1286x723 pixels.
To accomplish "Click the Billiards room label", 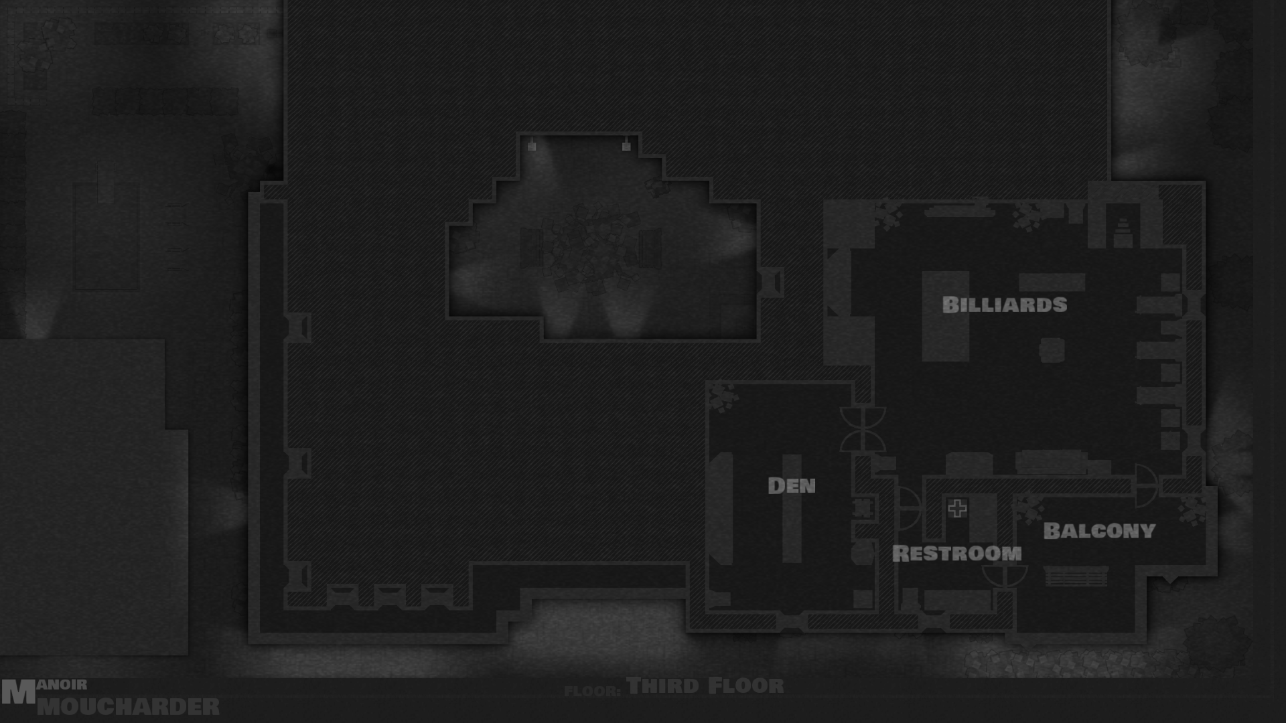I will click(x=1004, y=305).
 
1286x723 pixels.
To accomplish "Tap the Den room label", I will click(x=791, y=485).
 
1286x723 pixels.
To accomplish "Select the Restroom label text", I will click(x=956, y=554).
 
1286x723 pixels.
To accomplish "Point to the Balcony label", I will click(x=1099, y=531).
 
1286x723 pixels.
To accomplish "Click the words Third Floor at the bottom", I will click(x=705, y=686).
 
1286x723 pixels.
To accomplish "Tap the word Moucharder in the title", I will click(x=128, y=707).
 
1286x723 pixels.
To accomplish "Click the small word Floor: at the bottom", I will click(x=592, y=691).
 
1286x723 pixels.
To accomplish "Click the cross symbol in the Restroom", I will click(x=957, y=509).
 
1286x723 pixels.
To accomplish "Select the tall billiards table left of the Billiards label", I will click(x=945, y=316).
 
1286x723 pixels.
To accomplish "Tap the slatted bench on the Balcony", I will click(x=1076, y=576).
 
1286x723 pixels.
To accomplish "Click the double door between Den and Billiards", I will click(x=863, y=428).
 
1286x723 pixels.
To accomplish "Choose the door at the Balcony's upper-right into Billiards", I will click(x=1146, y=486).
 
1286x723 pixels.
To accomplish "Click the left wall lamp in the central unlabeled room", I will click(x=532, y=145).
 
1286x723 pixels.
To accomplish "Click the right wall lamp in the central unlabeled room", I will click(x=626, y=145).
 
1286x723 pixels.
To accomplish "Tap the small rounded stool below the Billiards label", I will click(x=1052, y=350).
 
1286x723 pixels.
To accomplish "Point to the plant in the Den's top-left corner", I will click(x=722, y=398).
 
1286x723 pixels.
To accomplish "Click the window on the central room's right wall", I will click(x=771, y=283).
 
